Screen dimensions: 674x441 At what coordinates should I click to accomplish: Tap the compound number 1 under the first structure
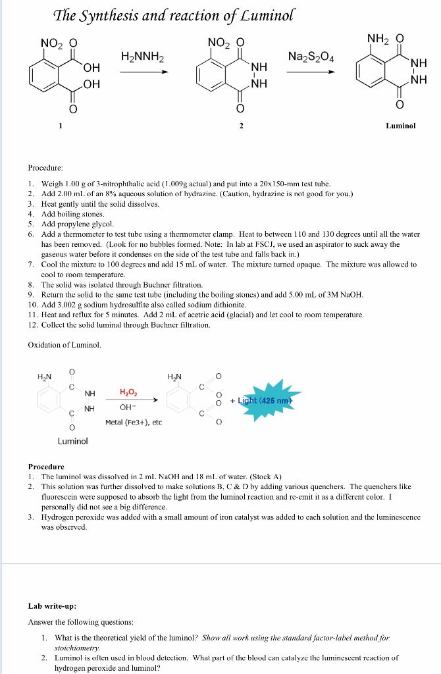[x=60, y=125]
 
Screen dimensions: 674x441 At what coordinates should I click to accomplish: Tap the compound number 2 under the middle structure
[x=241, y=125]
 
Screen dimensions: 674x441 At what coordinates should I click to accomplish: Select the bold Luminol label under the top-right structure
[x=401, y=125]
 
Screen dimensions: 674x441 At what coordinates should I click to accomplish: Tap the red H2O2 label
[x=128, y=392]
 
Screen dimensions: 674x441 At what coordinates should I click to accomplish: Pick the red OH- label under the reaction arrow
[x=128, y=407]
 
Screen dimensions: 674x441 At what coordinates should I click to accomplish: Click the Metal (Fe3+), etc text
[x=133, y=422]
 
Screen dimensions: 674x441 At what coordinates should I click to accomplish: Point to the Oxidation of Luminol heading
[x=65, y=345]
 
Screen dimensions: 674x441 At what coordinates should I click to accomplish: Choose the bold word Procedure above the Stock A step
[x=46, y=466]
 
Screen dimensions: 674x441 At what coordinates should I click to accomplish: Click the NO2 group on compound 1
[x=50, y=43]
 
